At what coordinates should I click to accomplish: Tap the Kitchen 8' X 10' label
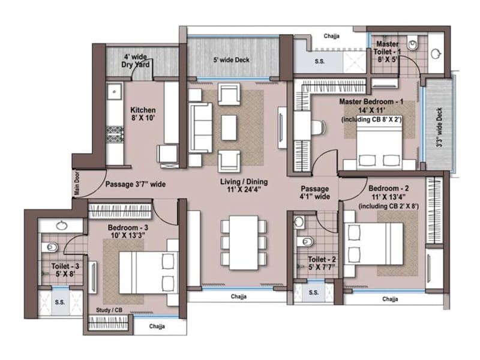(x=143, y=114)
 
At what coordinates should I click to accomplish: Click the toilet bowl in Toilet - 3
(x=51, y=247)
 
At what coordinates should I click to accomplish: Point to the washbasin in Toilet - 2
(x=299, y=221)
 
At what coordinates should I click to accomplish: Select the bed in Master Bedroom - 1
(x=378, y=150)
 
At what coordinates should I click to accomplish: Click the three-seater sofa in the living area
(x=200, y=127)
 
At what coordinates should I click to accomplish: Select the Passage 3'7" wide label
(x=136, y=184)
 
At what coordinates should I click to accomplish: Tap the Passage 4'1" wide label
(x=315, y=191)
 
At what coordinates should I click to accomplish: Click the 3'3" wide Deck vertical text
(x=439, y=128)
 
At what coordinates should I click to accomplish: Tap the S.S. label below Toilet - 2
(x=314, y=293)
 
